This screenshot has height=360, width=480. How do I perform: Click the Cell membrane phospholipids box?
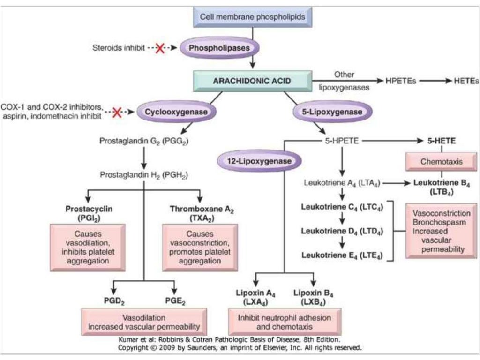click(x=253, y=17)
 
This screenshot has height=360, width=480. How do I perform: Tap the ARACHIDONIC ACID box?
click(x=252, y=81)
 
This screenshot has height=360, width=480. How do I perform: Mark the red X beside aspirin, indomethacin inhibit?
click(x=117, y=112)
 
